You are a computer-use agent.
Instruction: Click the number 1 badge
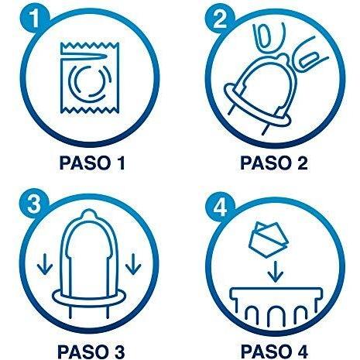(x=35, y=18)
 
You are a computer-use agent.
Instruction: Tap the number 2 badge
(x=220, y=19)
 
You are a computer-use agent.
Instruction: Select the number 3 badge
(x=34, y=204)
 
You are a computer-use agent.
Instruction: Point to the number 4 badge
(x=220, y=206)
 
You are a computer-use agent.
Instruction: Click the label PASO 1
(x=92, y=163)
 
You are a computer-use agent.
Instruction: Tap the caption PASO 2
(x=274, y=163)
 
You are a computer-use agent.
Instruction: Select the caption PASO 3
(x=91, y=351)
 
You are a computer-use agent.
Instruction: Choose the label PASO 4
(x=275, y=351)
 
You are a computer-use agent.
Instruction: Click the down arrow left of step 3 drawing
(x=45, y=264)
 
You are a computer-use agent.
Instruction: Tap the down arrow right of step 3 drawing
(x=133, y=264)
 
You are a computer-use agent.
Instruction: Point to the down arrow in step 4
(x=276, y=272)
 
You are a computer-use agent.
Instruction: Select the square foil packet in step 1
(x=90, y=78)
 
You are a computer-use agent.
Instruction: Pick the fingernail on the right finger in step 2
(x=309, y=60)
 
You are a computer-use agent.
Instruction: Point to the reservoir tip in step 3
(x=88, y=214)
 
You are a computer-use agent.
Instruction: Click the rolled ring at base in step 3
(x=89, y=299)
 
